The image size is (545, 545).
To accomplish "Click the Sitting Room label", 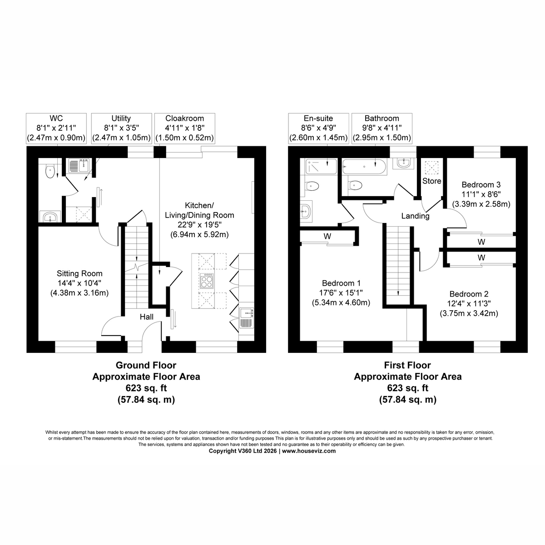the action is [x=79, y=273].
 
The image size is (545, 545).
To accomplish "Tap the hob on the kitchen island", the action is [x=207, y=281].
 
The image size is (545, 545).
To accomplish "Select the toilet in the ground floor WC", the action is [x=50, y=171].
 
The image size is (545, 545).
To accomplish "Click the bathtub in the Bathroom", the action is [x=364, y=167].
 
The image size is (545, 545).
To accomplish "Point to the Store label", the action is [x=431, y=181].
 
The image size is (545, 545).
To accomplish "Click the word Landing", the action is [x=415, y=216].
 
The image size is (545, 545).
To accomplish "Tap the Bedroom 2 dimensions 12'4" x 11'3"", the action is [x=469, y=303].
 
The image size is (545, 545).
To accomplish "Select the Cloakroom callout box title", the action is [x=185, y=118].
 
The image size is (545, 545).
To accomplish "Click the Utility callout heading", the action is [x=121, y=118].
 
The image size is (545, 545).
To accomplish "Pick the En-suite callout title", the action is [x=318, y=118].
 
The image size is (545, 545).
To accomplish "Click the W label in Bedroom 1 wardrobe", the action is [x=327, y=236].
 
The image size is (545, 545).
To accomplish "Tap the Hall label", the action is [x=147, y=317].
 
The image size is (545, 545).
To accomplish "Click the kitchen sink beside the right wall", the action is [x=247, y=318].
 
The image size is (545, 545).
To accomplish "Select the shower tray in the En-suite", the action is [x=321, y=166].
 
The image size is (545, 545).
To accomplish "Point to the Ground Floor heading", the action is [x=146, y=365].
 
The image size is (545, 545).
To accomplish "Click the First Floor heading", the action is [x=407, y=365].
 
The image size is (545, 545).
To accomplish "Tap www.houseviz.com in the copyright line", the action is [x=309, y=451].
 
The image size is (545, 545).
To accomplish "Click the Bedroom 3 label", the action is [x=481, y=185].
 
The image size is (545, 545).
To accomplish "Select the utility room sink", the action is [x=79, y=166].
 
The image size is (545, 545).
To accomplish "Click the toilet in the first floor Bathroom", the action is [x=355, y=186].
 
